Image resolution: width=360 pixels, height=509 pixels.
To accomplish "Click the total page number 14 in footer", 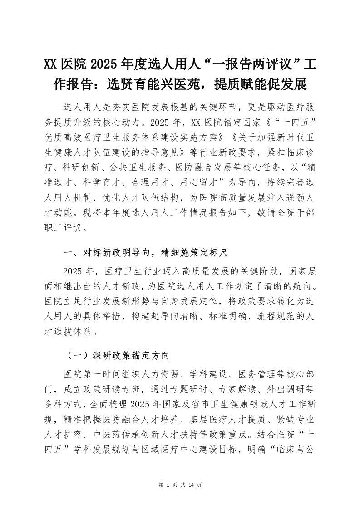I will (191, 485).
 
